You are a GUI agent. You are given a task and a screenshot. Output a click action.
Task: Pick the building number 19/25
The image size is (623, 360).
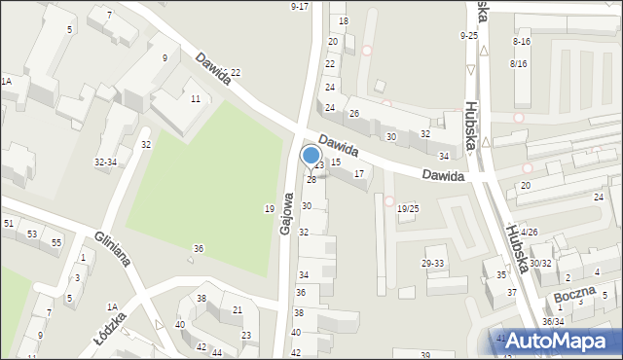408,208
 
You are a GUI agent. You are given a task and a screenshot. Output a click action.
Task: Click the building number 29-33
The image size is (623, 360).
432,264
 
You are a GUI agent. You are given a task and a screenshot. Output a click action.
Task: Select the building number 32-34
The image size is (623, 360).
105,162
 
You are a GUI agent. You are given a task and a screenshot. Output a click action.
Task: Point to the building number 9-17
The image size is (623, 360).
300,7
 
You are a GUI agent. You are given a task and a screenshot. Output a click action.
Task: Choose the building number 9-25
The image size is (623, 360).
469,36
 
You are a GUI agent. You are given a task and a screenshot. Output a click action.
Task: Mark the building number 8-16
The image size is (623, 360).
521,42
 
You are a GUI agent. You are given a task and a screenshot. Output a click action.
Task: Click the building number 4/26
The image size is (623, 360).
529,233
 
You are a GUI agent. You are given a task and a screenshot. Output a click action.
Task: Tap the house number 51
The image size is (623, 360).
8,224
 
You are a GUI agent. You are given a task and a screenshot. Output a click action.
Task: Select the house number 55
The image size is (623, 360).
56,241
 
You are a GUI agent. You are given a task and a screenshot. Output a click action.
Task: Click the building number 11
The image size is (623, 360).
196,99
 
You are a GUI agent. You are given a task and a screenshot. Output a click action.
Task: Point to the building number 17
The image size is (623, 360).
359,174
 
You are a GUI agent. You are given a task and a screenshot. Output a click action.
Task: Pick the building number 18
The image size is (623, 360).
343,21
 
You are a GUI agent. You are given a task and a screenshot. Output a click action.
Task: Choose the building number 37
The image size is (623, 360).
511,292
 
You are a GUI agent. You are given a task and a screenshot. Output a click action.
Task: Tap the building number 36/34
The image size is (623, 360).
553,321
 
